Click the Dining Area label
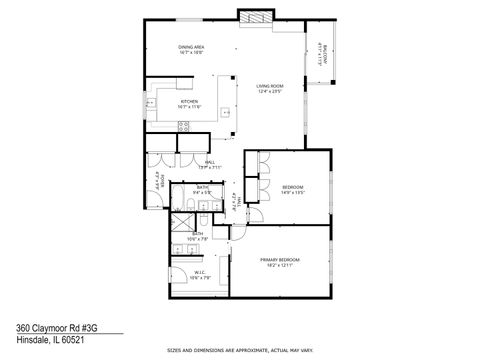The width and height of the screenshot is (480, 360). [x=191, y=47]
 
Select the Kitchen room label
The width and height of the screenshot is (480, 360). [x=186, y=100]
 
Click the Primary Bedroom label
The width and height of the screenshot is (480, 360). [x=280, y=259]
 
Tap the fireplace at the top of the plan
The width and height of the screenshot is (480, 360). [x=254, y=16]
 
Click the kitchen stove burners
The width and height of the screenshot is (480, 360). [x=183, y=126]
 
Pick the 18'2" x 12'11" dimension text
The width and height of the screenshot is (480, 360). [x=280, y=264]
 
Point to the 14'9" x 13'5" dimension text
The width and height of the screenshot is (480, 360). [x=293, y=192]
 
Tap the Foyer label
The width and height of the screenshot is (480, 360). [x=158, y=183]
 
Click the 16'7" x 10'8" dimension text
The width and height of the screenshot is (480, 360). [x=191, y=52]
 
